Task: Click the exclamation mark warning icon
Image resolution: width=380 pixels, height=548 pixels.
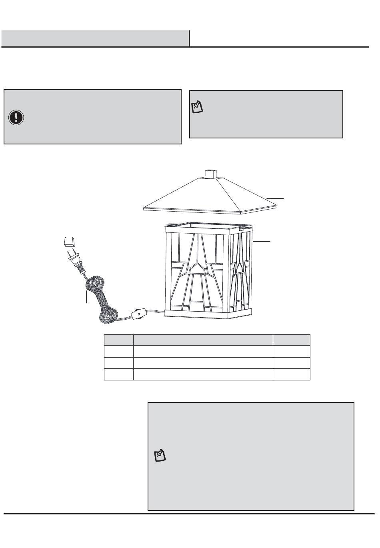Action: [x=16, y=117]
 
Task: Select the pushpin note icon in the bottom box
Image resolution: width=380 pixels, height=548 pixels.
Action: [x=160, y=456]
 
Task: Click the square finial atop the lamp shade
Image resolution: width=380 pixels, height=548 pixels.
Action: [x=210, y=174]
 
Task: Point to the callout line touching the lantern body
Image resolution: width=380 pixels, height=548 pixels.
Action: [x=262, y=241]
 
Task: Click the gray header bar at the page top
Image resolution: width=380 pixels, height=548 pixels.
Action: [x=95, y=39]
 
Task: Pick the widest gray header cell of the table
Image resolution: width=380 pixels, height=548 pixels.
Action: [x=203, y=340]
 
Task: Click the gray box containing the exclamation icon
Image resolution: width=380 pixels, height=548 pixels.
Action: [x=92, y=117]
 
